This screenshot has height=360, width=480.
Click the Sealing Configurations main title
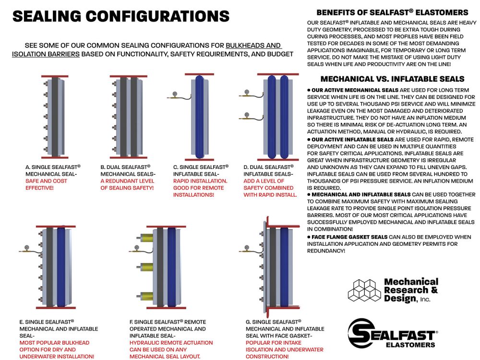[120, 16]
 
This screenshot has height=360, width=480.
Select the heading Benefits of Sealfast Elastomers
[392, 12]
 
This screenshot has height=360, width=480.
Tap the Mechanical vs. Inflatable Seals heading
[392, 79]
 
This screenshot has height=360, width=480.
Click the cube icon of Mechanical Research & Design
[363, 290]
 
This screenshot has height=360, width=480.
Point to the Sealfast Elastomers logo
[392, 333]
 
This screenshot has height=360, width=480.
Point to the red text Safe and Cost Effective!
[46, 184]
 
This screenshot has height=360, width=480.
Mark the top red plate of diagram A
[54, 76]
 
